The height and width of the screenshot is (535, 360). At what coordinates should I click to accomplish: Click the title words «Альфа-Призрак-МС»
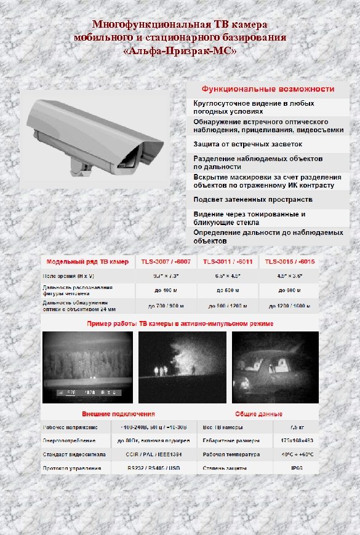pos(179,50)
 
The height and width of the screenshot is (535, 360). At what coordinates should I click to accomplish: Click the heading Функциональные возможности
pos(265,89)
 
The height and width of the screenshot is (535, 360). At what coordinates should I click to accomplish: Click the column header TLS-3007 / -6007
pos(166,261)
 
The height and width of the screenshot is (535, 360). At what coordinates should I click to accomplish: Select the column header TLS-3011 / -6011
pos(228,261)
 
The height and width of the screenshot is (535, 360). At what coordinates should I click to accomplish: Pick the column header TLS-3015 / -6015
pos(289,261)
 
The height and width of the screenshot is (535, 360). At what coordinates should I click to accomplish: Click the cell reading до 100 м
pos(166,290)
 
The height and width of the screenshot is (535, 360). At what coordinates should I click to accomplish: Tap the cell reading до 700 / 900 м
pos(166,306)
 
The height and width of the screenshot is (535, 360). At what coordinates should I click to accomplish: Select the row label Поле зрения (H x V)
pos(68,276)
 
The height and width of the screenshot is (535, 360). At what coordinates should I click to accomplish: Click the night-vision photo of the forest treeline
pos(87,367)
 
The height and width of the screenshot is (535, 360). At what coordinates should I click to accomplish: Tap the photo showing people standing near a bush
pos(181,367)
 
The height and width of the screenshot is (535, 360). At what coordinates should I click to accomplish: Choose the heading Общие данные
pos(258,414)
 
